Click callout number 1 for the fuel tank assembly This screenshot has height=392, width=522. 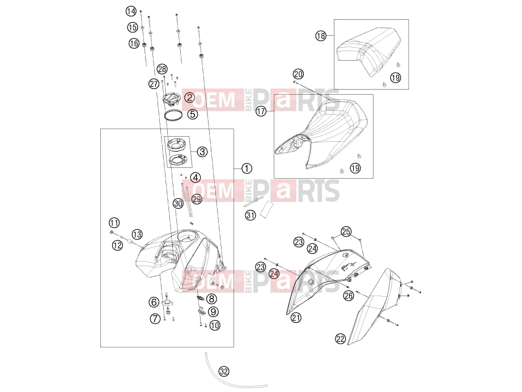(247, 168)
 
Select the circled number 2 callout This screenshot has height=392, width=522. (190, 98)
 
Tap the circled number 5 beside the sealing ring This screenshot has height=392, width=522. (193, 114)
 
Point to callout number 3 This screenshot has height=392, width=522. (202, 152)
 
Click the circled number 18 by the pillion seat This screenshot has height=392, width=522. (321, 36)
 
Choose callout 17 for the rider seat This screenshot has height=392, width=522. (261, 111)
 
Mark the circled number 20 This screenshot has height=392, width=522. (298, 74)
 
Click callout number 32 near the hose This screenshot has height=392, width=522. (224, 371)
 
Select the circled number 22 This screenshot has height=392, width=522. (340, 339)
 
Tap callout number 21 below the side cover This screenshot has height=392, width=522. (296, 318)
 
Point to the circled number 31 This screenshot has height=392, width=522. (251, 216)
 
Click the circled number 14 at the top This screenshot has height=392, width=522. (131, 11)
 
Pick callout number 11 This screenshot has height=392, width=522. (114, 223)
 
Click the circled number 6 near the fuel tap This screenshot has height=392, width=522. (154, 302)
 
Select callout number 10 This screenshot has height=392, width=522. (215, 325)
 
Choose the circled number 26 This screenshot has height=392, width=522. (349, 296)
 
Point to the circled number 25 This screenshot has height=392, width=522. (346, 231)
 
